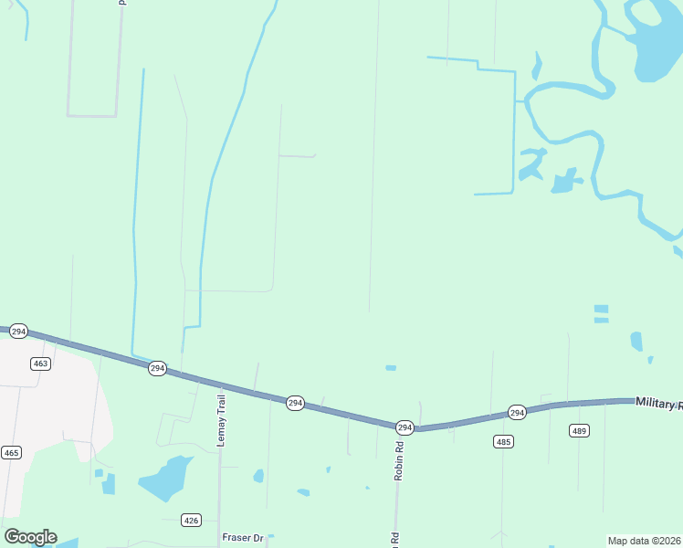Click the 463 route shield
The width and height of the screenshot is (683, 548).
[40, 364]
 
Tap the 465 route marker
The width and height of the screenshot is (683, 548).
[11, 452]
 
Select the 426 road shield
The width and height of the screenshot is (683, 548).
[191, 521]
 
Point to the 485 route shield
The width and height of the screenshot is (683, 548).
[503, 442]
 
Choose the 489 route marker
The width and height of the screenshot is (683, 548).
[580, 431]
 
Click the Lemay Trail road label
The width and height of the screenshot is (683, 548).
[220, 421]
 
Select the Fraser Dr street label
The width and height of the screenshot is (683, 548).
[243, 538]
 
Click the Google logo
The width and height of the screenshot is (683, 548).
[30, 537]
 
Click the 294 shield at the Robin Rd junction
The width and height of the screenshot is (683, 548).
[405, 427]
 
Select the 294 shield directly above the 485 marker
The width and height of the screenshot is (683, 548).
[516, 413]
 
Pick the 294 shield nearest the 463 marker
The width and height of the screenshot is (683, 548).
[18, 331]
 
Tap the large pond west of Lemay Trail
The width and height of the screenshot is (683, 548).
[164, 479]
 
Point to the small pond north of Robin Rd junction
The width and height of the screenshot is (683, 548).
[391, 368]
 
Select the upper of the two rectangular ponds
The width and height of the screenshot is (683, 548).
[601, 309]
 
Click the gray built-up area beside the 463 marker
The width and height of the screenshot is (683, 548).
[55, 411]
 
